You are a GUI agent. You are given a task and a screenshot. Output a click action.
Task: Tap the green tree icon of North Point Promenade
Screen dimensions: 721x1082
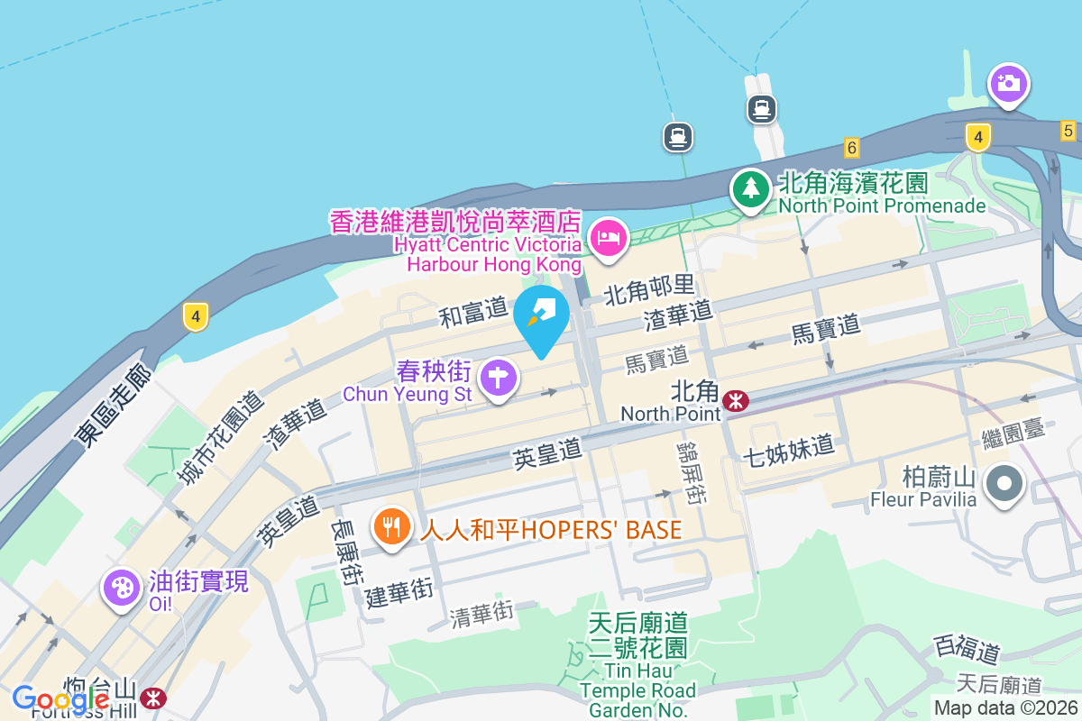[x=750, y=187]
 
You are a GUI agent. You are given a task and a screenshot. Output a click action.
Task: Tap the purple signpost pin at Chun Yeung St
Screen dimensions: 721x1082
[x=498, y=377]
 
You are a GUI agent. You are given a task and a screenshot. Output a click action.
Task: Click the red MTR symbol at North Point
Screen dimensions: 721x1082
[x=737, y=400]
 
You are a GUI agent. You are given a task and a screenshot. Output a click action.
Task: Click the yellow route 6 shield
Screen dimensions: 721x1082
[x=851, y=146]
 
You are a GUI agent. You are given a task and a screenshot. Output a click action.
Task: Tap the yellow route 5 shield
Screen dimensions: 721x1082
[x=1068, y=130]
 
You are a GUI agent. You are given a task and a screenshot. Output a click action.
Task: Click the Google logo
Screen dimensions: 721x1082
[x=61, y=699]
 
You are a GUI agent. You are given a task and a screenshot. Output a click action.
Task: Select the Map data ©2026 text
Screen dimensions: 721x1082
[x=1005, y=707]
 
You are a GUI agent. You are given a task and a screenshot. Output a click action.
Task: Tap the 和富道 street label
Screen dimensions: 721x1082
[x=474, y=312]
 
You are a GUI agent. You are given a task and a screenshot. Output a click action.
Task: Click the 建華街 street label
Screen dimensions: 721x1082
[x=399, y=592]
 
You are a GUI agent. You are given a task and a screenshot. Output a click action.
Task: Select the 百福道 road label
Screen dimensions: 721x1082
[x=967, y=648]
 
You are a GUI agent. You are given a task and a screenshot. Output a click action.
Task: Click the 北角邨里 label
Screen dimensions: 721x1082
[x=649, y=289]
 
